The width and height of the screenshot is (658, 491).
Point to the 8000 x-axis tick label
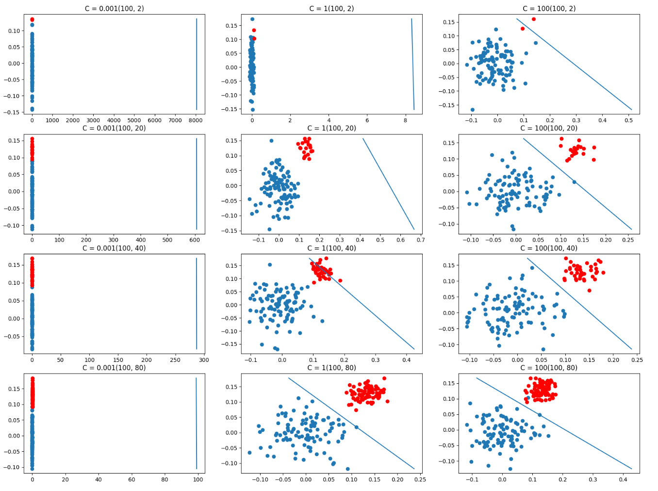pos(196,120)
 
